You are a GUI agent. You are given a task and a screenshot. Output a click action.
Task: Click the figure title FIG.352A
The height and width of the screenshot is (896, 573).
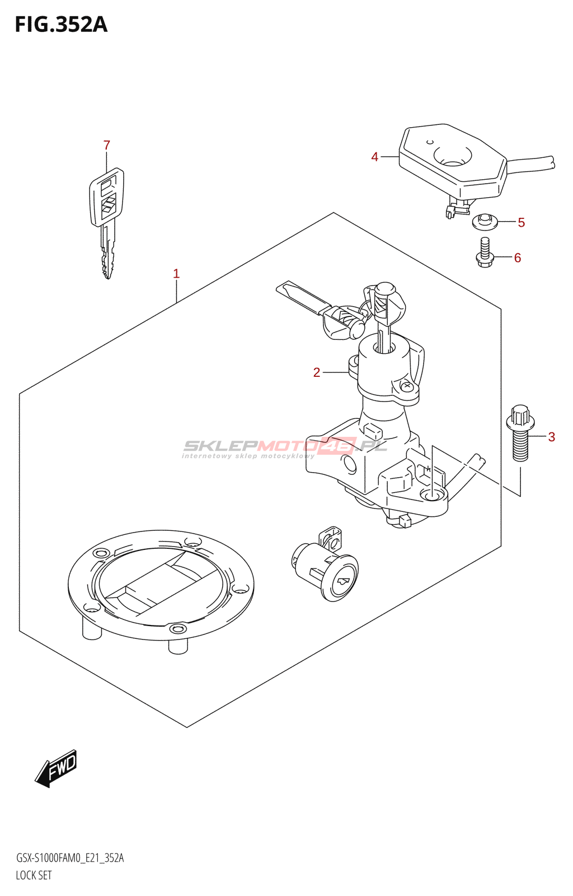61,25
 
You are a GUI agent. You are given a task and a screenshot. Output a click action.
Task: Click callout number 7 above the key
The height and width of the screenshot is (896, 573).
107,146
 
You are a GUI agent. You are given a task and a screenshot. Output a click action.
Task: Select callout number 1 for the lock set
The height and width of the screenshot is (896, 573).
176,274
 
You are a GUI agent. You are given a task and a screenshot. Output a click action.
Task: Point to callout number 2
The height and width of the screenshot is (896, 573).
317,372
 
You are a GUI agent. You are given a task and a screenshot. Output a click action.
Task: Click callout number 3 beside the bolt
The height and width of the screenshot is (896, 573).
551,437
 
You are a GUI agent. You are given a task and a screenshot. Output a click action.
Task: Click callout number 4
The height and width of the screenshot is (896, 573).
375,157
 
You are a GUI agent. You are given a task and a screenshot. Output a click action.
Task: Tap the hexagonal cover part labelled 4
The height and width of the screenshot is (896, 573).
453,160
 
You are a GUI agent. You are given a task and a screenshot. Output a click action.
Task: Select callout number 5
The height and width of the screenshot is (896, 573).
521,223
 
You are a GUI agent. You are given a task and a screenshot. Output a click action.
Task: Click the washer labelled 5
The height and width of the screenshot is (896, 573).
485,221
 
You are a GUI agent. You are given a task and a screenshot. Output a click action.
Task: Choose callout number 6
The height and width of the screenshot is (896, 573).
518,258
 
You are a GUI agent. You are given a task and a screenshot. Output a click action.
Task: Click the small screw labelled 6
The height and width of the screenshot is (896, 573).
485,251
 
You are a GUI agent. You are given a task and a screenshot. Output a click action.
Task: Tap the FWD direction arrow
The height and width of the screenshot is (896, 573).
57,768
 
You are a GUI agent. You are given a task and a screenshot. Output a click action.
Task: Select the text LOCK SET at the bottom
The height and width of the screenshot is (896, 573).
34,875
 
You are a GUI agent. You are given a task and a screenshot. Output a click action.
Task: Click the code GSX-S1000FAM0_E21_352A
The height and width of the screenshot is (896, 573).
70,858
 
